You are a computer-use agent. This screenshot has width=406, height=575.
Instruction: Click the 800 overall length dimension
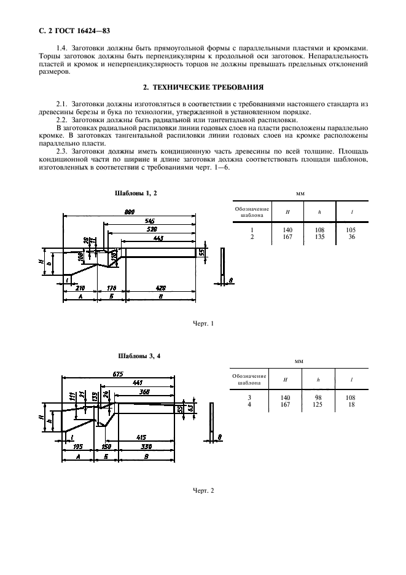tap(130, 212)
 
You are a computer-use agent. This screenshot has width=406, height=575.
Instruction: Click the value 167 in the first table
tap(287, 236)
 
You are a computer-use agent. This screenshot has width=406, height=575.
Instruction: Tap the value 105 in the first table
tap(351, 230)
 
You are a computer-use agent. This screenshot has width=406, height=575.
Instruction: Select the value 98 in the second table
tap(319, 397)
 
